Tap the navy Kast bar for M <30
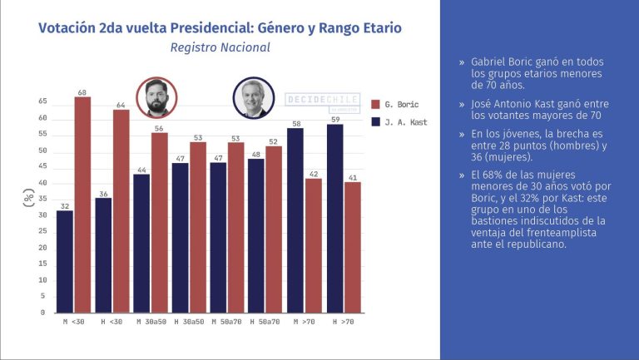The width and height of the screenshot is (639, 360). [x=64, y=261]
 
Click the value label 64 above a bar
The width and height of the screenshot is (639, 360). [x=121, y=105]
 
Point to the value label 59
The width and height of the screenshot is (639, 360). [x=335, y=119]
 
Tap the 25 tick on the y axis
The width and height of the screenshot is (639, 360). [x=42, y=232]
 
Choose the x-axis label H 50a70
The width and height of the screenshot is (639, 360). [x=264, y=321]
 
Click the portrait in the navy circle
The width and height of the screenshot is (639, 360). [x=253, y=98]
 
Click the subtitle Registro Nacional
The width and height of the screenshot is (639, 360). [x=220, y=48]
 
